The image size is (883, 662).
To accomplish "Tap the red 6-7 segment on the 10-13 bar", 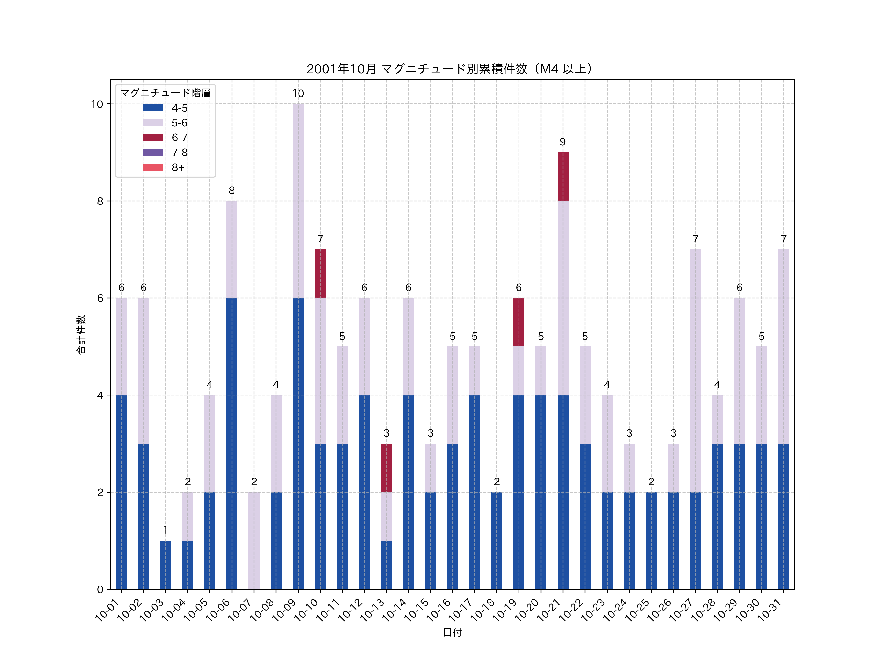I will [x=386, y=468].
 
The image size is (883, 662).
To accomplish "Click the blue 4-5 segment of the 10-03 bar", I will [x=166, y=565].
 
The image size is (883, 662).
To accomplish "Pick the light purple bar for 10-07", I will [x=254, y=540].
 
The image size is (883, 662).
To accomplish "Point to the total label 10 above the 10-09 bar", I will [x=298, y=94].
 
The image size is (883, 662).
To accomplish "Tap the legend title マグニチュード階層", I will [x=165, y=93].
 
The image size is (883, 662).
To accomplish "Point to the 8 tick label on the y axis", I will [x=100, y=201].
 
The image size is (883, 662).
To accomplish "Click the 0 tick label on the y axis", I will [x=100, y=589].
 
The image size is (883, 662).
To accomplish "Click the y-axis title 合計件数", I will [x=81, y=334].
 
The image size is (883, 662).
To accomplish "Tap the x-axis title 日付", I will [x=452, y=633].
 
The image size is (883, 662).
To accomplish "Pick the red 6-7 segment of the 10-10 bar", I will [x=320, y=274].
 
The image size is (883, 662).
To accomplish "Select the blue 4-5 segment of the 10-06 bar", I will [x=232, y=443].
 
